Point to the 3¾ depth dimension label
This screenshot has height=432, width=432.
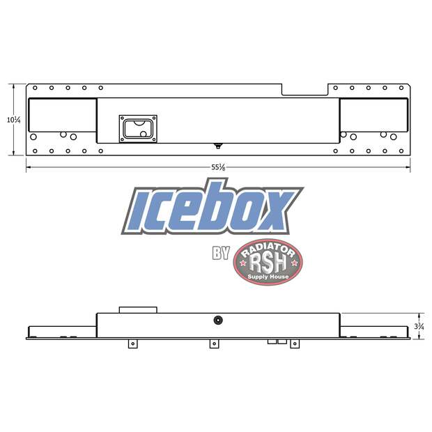418,325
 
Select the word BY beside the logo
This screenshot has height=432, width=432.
221,253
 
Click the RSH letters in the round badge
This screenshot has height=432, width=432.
268,263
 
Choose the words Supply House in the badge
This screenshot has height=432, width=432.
268,277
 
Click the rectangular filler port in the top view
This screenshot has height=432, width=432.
137,128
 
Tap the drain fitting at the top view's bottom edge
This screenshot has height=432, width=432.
218,146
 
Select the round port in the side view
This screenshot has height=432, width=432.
218,320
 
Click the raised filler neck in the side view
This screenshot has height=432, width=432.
137,309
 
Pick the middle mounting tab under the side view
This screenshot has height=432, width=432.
214,344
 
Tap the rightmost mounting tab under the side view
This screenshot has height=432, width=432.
294,344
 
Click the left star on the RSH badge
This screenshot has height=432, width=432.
242,263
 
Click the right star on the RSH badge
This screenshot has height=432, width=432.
295,263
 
